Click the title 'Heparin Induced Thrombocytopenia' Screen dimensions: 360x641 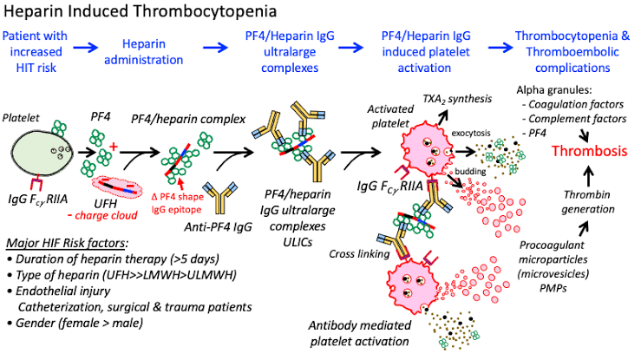[x=140, y=12]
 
